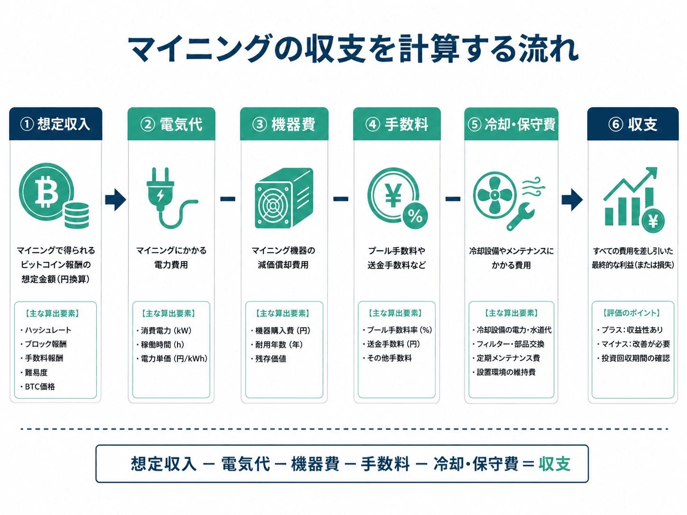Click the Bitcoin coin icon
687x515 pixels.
pyautogui.click(x=46, y=192)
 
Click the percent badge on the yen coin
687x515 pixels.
pyautogui.click(x=415, y=216)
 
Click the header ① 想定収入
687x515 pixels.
pyautogui.click(x=56, y=124)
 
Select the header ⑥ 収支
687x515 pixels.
pyautogui.click(x=632, y=124)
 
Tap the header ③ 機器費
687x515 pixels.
pyautogui.click(x=284, y=124)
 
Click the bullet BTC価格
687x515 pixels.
pyautogui.click(x=38, y=387)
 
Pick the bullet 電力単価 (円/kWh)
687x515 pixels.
pyautogui.click(x=172, y=359)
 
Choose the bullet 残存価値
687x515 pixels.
pyautogui.click(x=269, y=359)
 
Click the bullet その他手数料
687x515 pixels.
pyautogui.click(x=388, y=358)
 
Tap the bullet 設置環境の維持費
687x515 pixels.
pyautogui.click(x=504, y=372)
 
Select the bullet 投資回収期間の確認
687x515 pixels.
pyautogui.click(x=633, y=358)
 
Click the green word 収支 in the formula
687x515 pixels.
pyautogui.click(x=555, y=464)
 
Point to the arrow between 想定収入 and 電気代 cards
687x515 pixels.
pyautogui.click(x=115, y=200)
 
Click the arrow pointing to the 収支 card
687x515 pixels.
pyautogui.click(x=572, y=200)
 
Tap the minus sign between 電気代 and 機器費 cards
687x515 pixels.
pyautogui.click(x=228, y=199)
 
